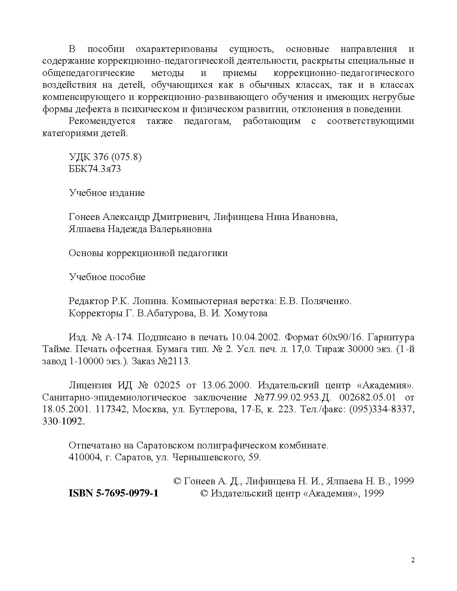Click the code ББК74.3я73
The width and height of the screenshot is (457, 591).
coord(95,169)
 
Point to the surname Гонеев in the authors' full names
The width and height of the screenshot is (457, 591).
coord(85,217)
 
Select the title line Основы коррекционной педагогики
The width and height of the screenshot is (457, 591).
coord(148,253)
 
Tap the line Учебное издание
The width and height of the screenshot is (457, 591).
coord(107,193)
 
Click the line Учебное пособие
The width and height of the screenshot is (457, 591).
coord(107,277)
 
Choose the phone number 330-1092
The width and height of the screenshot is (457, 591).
coord(63,422)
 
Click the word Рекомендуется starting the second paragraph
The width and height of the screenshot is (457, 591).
coord(102,121)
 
